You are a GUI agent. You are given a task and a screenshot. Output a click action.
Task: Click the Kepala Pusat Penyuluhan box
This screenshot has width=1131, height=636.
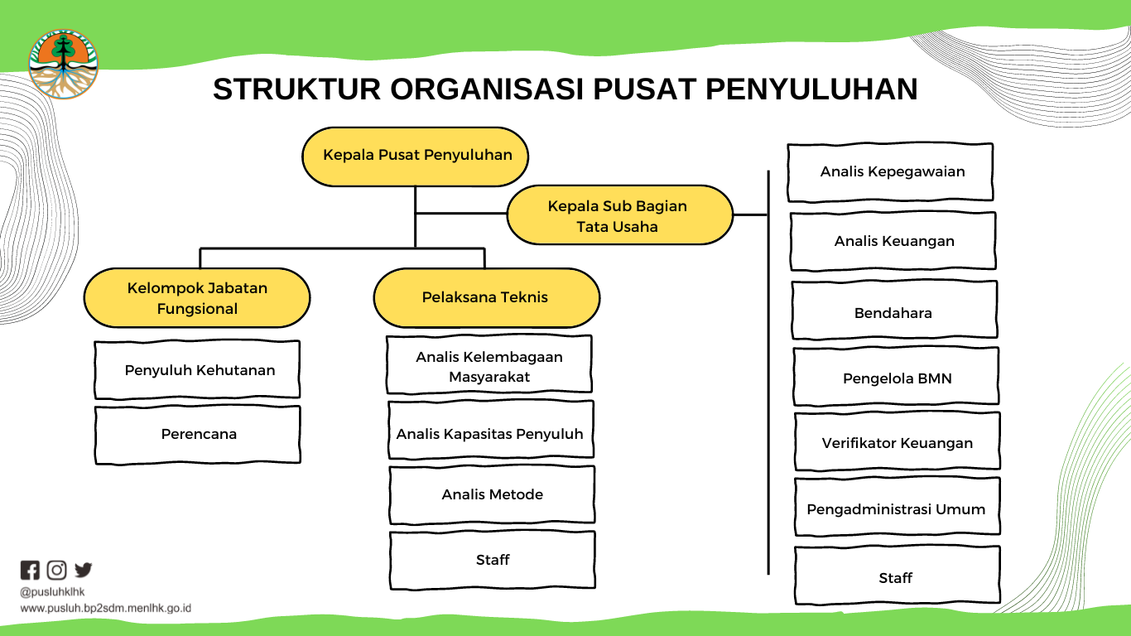(x=415, y=157)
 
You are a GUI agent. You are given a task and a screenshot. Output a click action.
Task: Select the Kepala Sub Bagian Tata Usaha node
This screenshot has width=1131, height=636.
(x=619, y=215)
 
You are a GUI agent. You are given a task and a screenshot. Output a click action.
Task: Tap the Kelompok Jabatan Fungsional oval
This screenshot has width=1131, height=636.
(x=197, y=298)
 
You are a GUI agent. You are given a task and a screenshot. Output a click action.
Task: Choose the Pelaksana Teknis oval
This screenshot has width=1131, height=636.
(x=487, y=298)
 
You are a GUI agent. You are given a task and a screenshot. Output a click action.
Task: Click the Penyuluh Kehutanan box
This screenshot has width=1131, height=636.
(x=197, y=370)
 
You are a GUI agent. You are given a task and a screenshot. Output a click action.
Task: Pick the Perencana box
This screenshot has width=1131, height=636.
(x=197, y=435)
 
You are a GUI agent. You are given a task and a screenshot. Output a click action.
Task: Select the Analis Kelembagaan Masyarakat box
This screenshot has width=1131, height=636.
(x=488, y=364)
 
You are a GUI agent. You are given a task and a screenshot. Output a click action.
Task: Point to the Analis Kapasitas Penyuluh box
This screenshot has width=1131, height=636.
(x=491, y=430)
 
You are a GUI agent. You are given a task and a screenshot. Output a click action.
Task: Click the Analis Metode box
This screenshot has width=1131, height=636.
(x=492, y=494)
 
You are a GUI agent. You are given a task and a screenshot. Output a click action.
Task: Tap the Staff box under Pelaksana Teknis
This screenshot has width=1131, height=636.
(x=493, y=560)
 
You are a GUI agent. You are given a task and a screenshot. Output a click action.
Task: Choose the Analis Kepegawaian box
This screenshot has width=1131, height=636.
(x=890, y=172)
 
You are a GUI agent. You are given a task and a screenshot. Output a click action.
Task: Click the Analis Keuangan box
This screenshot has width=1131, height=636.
(x=893, y=241)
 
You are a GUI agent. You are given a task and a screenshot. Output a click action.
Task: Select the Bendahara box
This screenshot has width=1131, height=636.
(x=894, y=310)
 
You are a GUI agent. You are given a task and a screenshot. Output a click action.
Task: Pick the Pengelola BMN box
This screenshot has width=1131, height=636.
(x=896, y=376)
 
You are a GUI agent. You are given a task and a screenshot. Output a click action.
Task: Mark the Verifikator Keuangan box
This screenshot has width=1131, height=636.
(x=898, y=441)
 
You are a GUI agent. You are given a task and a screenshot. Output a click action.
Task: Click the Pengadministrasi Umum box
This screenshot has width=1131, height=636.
(x=898, y=506)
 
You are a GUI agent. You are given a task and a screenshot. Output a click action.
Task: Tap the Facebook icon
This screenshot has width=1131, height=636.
(x=30, y=570)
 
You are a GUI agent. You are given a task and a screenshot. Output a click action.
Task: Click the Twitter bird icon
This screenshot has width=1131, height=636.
(x=84, y=570)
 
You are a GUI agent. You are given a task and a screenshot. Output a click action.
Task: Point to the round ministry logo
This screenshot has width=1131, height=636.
(x=63, y=64)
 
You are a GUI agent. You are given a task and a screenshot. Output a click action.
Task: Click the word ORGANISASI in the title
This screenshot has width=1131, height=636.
(x=486, y=89)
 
